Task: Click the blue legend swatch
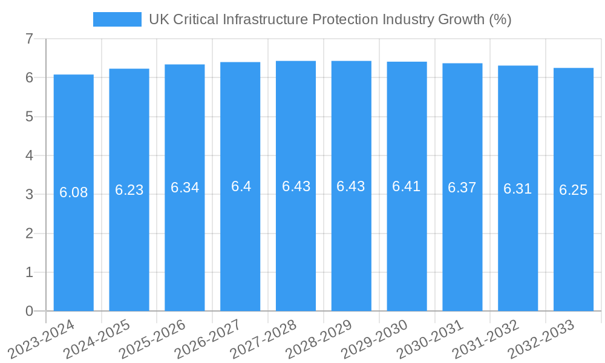117,19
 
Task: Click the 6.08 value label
74,192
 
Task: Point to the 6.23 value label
129,190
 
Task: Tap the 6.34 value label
185,188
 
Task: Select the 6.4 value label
241,186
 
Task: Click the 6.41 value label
407,186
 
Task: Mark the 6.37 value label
462,188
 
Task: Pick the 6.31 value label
518,189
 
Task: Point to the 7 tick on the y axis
29,39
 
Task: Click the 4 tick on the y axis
29,155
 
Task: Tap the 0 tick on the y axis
29,311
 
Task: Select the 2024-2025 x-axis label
97,339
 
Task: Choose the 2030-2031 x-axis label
431,339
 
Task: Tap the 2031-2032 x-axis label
486,339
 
